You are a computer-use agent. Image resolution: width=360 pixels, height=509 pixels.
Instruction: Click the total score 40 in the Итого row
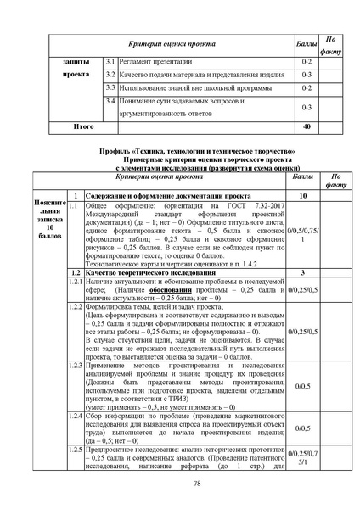[x=307, y=127]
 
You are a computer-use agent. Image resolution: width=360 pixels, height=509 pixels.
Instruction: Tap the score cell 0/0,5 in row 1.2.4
[x=303, y=428]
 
